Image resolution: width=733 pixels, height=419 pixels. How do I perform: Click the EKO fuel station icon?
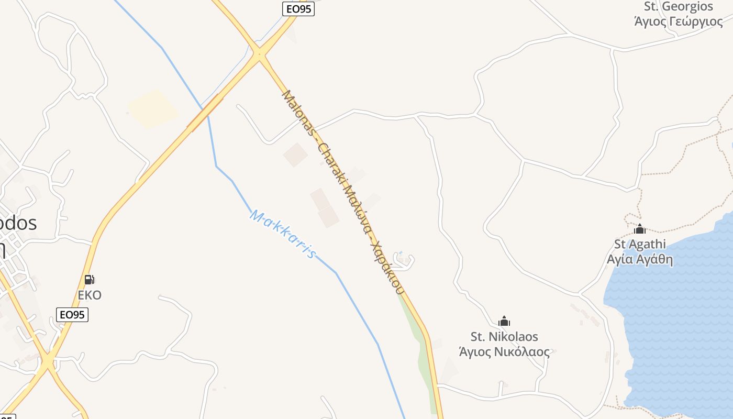point(90,280)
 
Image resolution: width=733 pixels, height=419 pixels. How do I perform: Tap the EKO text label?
point(90,295)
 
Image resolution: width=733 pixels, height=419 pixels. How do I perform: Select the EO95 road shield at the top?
point(298,9)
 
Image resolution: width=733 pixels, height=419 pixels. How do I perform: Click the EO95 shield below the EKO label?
point(72,315)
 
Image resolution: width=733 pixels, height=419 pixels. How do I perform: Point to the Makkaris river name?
point(283,234)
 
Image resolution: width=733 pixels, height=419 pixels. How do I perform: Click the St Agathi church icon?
point(640,229)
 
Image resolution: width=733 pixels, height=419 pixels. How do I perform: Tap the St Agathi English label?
point(640,244)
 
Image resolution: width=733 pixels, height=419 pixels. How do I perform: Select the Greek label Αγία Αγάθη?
point(640,259)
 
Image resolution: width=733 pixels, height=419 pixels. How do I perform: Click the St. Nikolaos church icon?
point(504,321)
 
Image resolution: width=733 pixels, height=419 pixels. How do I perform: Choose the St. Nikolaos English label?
point(504,336)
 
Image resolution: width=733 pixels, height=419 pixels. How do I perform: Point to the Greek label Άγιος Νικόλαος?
point(504,351)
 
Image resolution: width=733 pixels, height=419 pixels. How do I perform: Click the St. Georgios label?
point(679,7)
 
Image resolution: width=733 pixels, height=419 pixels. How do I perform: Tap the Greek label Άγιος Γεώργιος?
point(679,21)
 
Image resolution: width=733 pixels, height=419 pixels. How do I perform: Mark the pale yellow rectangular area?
point(153,108)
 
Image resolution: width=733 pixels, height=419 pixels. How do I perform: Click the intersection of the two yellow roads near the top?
point(259,53)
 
